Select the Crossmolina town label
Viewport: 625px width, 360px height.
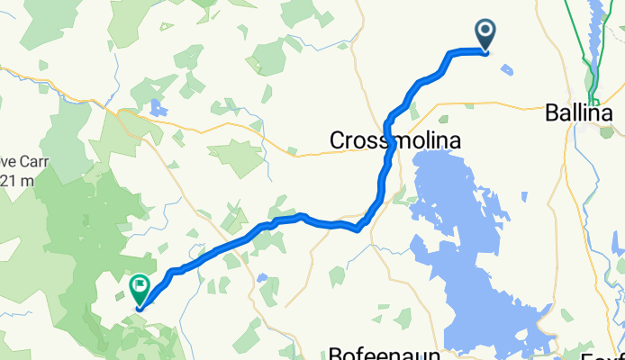(x=395, y=141)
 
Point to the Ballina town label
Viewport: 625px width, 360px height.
(x=578, y=114)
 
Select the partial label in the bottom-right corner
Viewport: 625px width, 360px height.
(x=612, y=352)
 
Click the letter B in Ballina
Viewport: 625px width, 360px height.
(x=552, y=114)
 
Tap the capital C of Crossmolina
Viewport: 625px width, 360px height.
(x=338, y=141)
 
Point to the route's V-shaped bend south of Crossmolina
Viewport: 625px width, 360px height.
(x=360, y=229)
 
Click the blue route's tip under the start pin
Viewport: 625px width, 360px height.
(x=485, y=52)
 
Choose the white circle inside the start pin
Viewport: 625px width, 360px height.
(x=485, y=31)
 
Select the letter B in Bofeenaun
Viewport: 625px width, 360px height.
(x=335, y=352)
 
